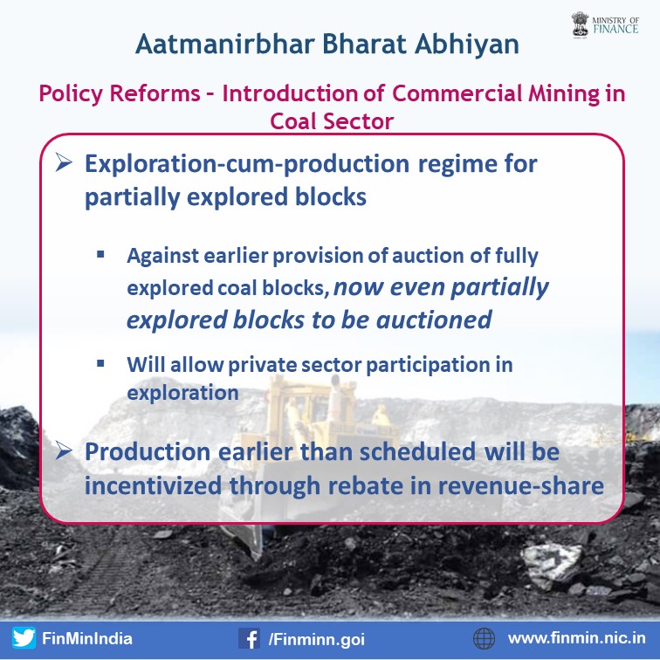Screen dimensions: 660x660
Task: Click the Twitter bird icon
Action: [x=24, y=637]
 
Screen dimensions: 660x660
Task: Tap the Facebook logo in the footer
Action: [x=249, y=638]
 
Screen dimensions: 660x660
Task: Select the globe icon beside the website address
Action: [x=484, y=638]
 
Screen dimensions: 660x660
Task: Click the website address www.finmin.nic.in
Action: [x=577, y=638]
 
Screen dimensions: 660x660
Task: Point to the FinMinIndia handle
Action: [x=87, y=638]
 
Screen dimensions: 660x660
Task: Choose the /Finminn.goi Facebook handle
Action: [x=317, y=639]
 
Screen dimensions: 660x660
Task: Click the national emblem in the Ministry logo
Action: [x=580, y=24]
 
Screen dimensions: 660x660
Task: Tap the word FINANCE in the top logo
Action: [x=615, y=29]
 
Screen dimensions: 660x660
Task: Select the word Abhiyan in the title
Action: [x=466, y=45]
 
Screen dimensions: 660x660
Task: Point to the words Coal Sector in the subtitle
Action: [x=332, y=121]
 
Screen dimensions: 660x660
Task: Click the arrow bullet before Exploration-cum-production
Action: [x=64, y=162]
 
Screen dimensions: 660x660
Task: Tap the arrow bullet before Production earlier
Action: [x=64, y=450]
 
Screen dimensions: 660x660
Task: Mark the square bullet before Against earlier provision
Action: [x=100, y=254]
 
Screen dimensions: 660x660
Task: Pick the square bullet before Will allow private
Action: [x=100, y=363]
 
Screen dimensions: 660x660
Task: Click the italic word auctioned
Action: [x=434, y=320]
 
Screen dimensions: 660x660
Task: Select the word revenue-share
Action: [x=520, y=485]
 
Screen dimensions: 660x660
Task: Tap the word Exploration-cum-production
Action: [x=247, y=164]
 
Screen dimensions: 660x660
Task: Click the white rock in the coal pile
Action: [x=553, y=564]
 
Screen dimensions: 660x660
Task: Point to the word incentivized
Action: [x=154, y=485]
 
